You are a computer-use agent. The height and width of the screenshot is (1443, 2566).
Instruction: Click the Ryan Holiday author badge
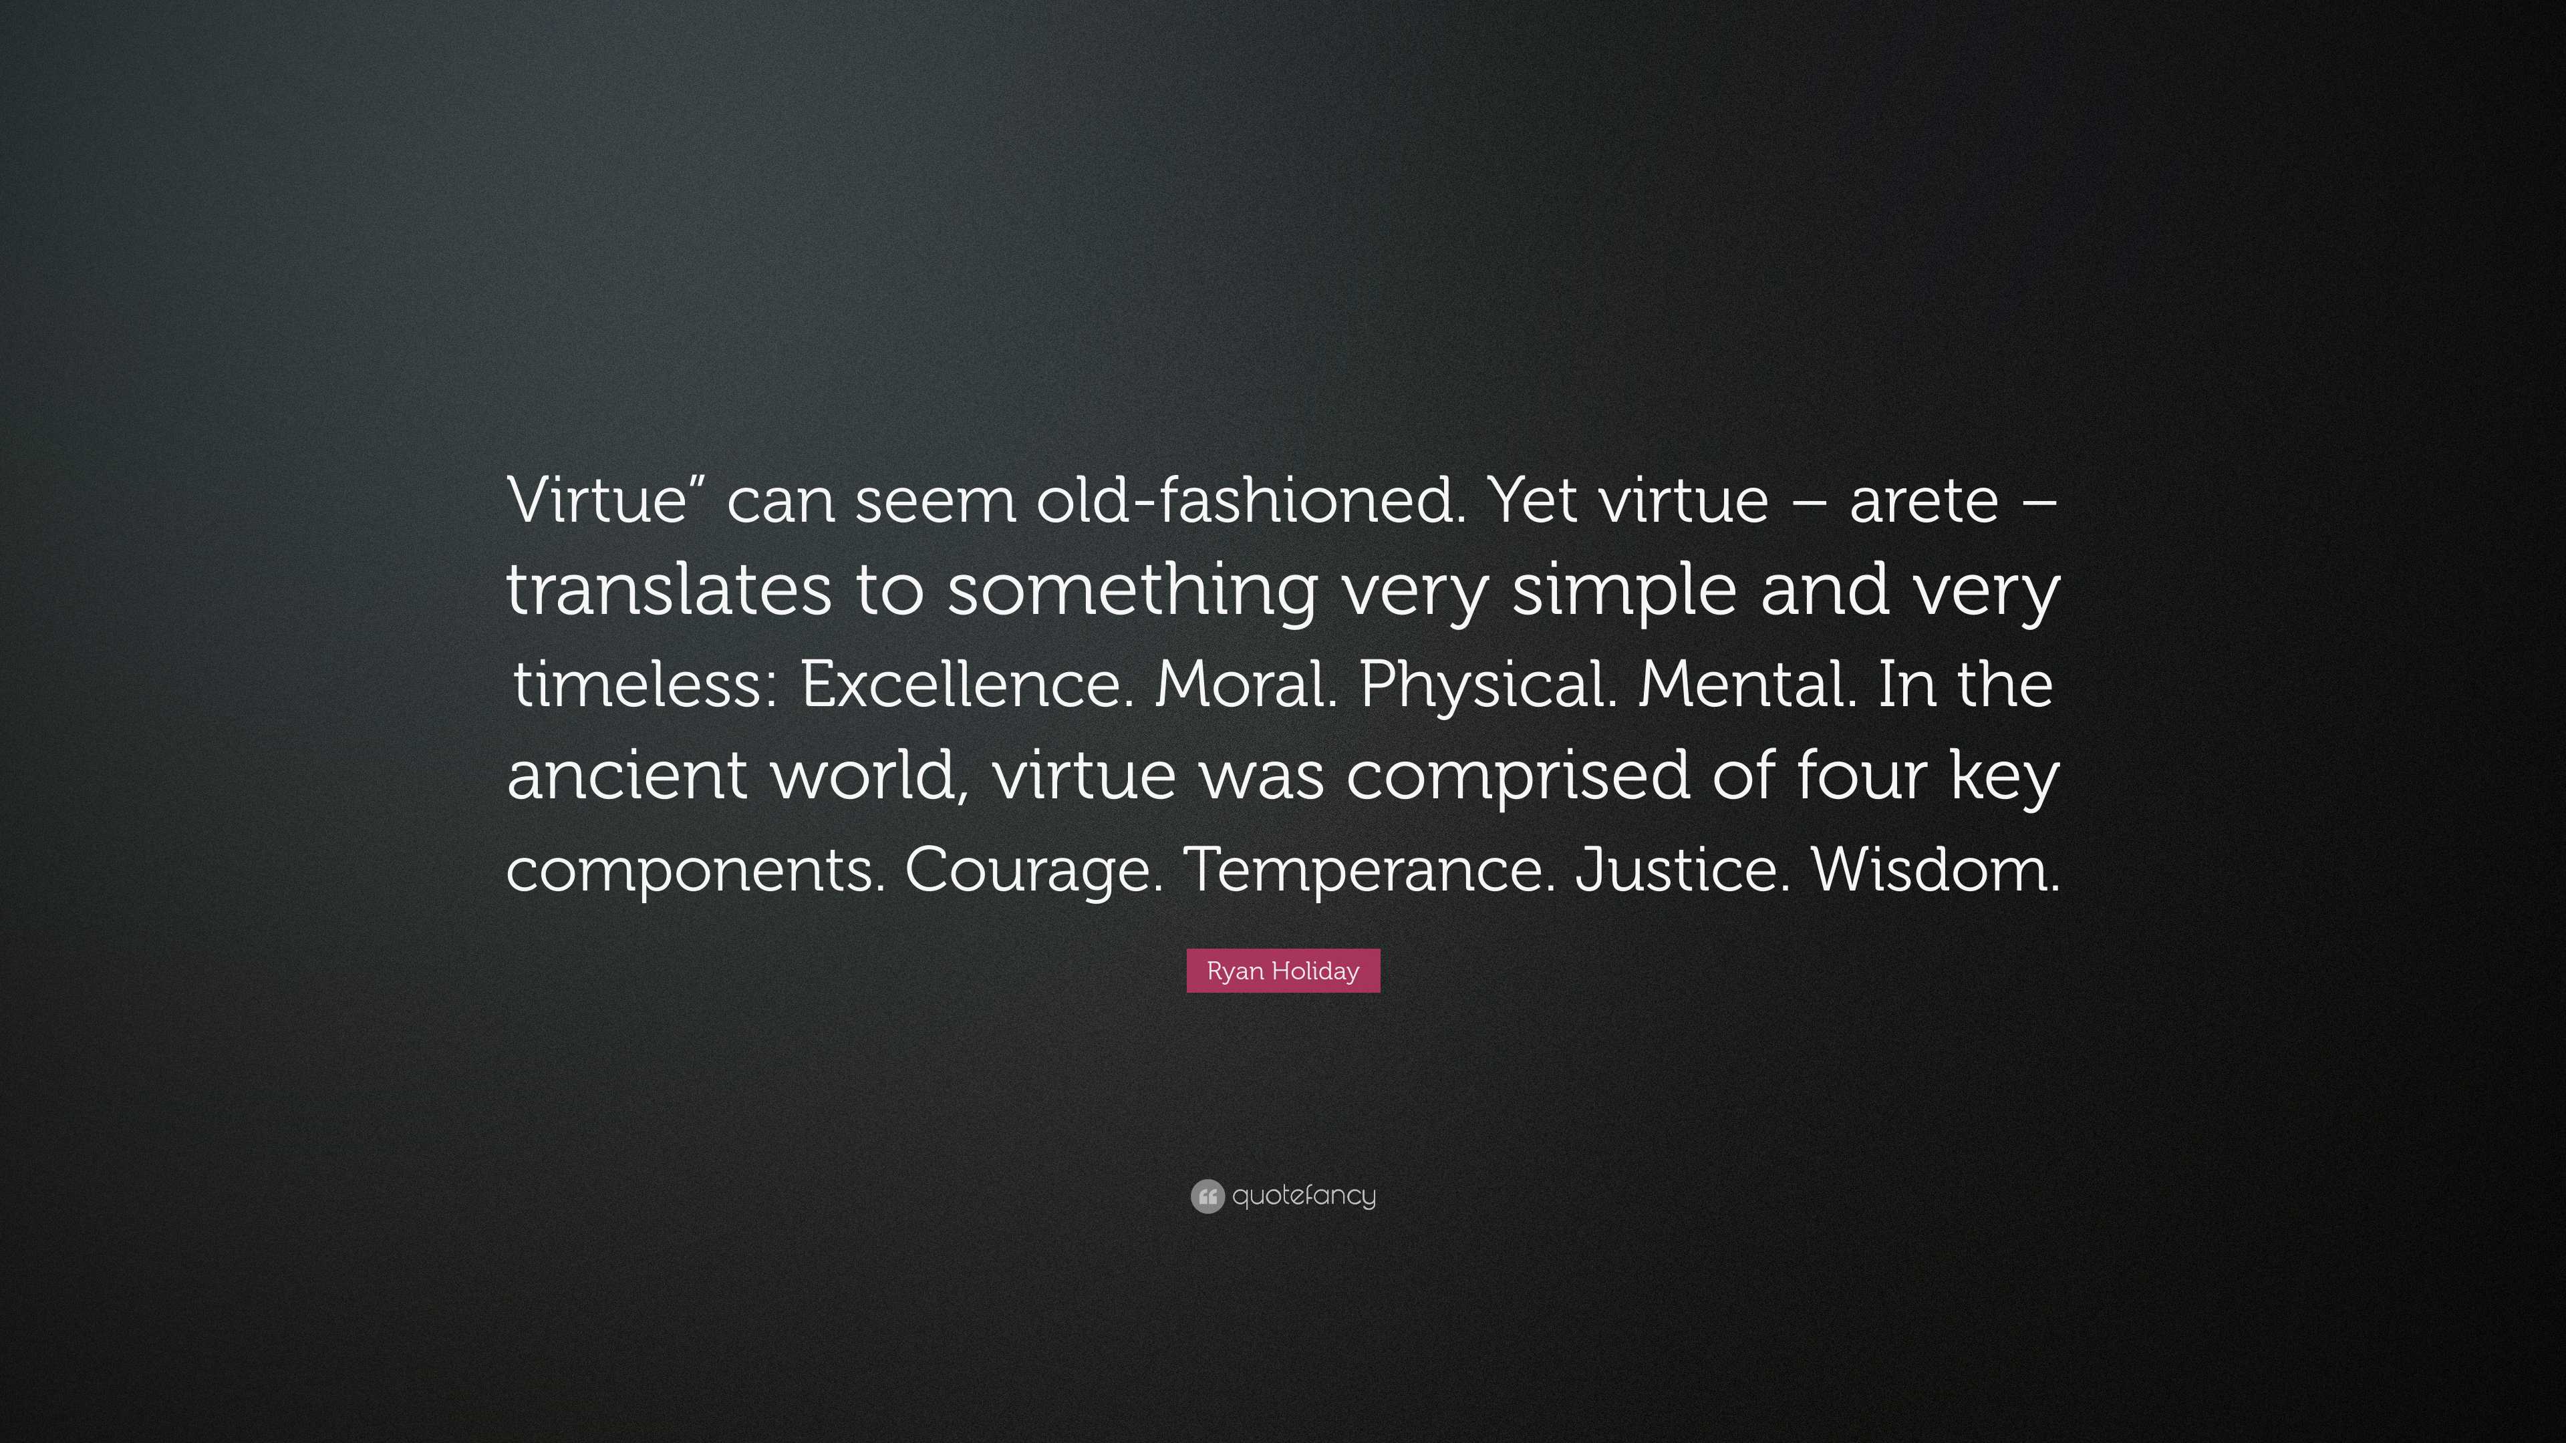tap(1283, 971)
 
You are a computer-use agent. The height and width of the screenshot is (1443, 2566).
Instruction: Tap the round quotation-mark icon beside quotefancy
tap(1207, 1196)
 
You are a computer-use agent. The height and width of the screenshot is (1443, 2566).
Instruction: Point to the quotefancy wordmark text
tap(1304, 1196)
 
